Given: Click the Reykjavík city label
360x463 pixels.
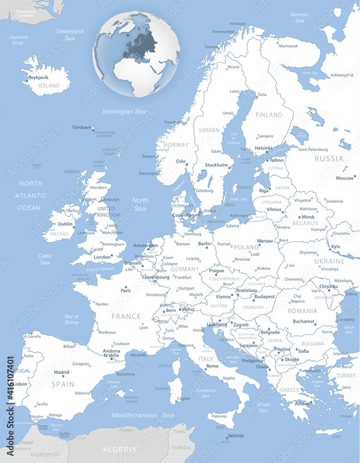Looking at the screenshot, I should click(38, 78).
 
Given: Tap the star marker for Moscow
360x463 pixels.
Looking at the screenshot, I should click(355, 176).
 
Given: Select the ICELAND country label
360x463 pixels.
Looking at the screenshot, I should click(49, 86).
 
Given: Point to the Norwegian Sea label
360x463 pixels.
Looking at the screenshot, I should click(124, 112).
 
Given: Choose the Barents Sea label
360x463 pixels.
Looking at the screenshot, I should click(299, 18).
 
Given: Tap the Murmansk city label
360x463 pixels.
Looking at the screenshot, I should click(288, 46).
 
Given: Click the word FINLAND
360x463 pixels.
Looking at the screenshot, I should click(269, 115).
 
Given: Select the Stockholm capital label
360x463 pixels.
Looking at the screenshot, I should click(216, 165).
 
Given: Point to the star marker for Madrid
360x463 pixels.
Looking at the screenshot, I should click(62, 376).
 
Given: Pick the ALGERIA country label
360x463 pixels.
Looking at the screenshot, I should click(120, 450).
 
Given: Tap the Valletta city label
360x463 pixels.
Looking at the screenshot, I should click(235, 436).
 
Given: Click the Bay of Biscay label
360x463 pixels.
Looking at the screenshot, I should click(72, 319).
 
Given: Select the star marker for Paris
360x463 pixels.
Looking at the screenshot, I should click(126, 287).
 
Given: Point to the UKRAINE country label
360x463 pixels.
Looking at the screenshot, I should click(329, 261).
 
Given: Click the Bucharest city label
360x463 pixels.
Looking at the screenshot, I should click(303, 321).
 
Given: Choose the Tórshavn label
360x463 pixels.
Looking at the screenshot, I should click(81, 127).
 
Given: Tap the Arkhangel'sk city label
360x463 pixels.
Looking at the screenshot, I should click(342, 75).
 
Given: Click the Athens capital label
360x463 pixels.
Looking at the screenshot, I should click(302, 404).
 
